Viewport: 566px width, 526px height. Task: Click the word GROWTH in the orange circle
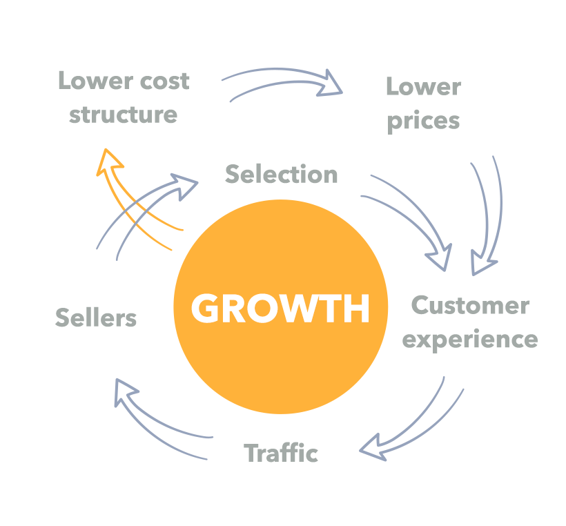coord(280,309)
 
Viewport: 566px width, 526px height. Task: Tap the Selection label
coord(282,175)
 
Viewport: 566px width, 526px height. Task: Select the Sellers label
coord(96,318)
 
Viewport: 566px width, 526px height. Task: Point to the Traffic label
coord(281,454)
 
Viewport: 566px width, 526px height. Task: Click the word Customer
coord(470,305)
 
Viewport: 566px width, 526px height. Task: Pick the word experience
coord(470,339)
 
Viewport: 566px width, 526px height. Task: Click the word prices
coord(423,121)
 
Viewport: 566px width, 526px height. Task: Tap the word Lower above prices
coord(423,87)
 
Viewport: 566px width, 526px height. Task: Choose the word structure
coord(123,114)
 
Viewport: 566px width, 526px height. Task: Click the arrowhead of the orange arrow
coord(108,162)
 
